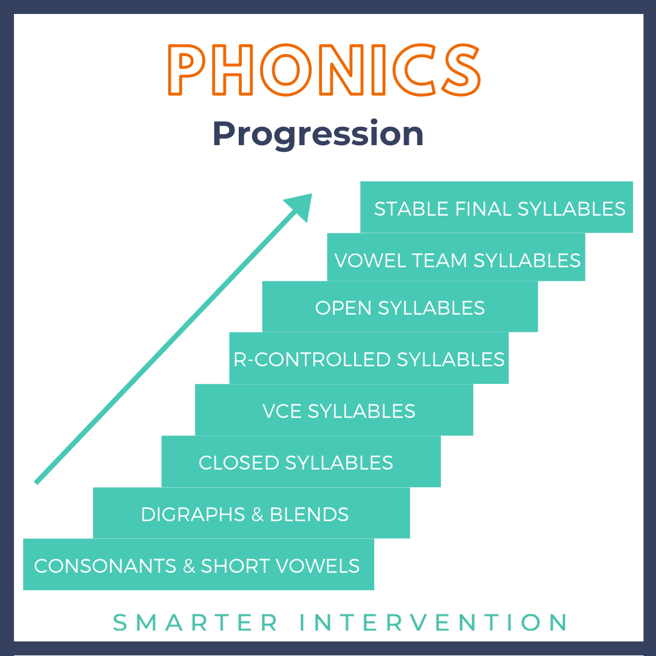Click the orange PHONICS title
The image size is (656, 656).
click(x=324, y=69)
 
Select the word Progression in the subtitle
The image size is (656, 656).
click(x=318, y=134)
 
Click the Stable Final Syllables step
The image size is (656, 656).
click(x=497, y=208)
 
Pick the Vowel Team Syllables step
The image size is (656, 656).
click(x=457, y=260)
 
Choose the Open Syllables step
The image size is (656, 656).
click(x=400, y=307)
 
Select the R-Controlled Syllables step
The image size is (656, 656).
click(x=369, y=359)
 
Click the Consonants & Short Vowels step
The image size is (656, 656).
click(x=197, y=565)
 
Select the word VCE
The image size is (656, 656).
click(x=282, y=411)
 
